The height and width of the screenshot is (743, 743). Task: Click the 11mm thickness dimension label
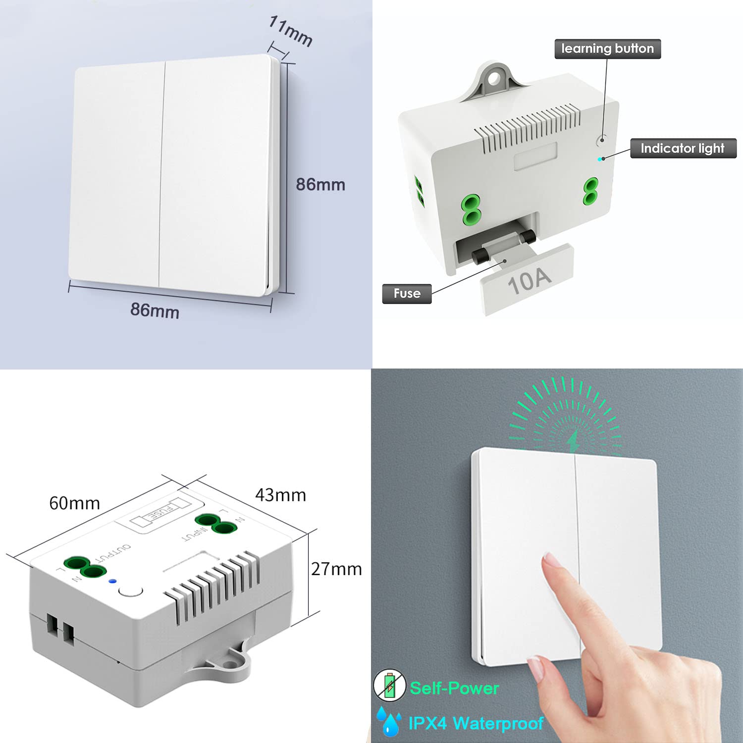click(x=291, y=31)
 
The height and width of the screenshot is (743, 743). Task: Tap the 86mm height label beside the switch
click(x=320, y=184)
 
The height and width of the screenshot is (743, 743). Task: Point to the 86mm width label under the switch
click(x=155, y=310)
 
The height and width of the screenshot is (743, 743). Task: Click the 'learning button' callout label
click(x=608, y=49)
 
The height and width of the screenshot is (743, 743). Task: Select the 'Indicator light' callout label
click(x=683, y=148)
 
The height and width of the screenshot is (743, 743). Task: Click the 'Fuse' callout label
click(x=407, y=293)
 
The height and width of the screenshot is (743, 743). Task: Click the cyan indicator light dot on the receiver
click(x=600, y=159)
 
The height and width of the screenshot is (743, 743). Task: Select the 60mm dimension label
click(x=74, y=503)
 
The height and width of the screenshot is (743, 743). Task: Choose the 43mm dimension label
click(x=280, y=495)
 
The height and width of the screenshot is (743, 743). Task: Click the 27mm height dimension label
click(x=336, y=569)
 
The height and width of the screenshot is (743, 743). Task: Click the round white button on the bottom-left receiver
click(x=131, y=590)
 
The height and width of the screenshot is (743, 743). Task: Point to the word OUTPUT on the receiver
click(x=113, y=552)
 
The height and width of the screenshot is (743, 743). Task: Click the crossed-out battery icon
click(x=389, y=685)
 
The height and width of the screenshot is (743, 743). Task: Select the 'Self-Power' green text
click(x=454, y=688)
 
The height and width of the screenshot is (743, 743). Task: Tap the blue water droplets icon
click(x=389, y=721)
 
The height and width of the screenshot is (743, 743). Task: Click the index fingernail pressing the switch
click(x=551, y=560)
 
